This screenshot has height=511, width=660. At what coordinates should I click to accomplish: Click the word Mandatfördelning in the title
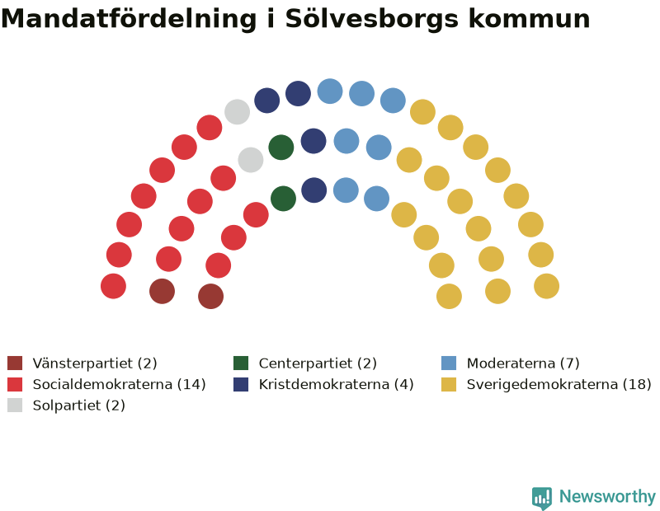(x=129, y=19)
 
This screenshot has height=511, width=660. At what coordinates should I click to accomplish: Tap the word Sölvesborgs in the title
(x=372, y=19)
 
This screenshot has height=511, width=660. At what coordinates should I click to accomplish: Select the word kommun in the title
(x=529, y=19)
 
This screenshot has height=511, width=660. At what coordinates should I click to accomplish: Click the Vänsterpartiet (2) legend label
(x=95, y=363)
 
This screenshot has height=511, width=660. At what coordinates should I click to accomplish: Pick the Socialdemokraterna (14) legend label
(x=119, y=384)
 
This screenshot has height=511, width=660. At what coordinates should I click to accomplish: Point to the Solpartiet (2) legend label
(x=78, y=406)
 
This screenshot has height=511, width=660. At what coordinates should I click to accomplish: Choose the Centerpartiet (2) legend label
(x=318, y=363)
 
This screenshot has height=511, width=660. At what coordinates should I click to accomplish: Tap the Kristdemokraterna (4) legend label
(x=336, y=384)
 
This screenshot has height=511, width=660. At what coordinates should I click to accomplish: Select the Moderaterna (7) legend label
(x=523, y=363)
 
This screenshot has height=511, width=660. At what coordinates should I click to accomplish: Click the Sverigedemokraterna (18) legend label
(x=559, y=384)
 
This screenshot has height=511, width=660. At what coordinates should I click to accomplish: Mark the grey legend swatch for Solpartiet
(x=15, y=405)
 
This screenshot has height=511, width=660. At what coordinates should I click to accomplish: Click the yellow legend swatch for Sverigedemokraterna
(x=449, y=384)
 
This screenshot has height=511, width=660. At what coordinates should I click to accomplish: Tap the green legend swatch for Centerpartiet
(x=241, y=363)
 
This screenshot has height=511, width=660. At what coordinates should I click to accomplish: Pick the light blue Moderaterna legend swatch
(x=449, y=363)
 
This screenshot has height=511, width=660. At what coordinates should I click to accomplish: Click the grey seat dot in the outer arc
(x=237, y=112)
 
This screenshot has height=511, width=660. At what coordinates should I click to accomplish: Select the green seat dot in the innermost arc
(x=283, y=199)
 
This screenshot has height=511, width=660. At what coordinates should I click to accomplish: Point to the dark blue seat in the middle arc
(x=313, y=141)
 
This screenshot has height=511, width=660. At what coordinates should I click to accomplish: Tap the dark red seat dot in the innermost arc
(x=211, y=296)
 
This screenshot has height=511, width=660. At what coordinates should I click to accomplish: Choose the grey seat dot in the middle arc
(x=251, y=160)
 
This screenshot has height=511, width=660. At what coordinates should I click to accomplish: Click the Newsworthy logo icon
(x=542, y=498)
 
